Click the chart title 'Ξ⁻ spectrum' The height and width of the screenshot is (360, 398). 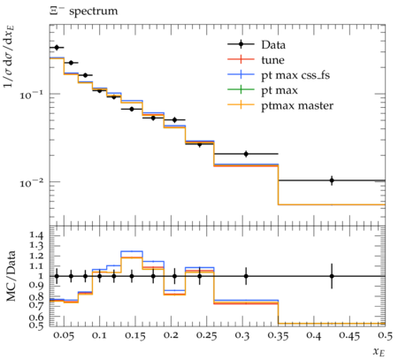click(x=83, y=11)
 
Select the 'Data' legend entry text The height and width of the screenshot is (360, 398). click(x=273, y=45)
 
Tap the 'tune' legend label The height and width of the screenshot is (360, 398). click(x=272, y=60)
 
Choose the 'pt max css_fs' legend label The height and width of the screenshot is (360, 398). click(x=295, y=75)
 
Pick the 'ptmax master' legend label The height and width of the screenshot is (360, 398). click(x=297, y=106)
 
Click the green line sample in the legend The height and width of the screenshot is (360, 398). click(x=241, y=89)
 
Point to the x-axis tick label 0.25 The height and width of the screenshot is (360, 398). click(x=207, y=336)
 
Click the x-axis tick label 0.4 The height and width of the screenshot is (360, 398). click(x=313, y=336)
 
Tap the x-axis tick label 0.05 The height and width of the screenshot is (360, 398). click(x=65, y=336)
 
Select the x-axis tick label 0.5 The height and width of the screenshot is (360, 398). click(x=385, y=336)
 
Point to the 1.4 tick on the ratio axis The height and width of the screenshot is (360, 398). click(x=36, y=235)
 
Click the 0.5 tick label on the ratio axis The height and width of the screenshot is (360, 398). click(x=36, y=326)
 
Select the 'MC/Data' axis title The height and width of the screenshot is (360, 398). click(x=11, y=276)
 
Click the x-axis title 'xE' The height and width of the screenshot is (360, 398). click(x=379, y=351)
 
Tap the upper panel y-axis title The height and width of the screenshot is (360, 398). click(x=9, y=57)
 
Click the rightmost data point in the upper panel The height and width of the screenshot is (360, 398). click(x=332, y=180)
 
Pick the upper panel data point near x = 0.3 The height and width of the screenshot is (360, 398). click(x=246, y=154)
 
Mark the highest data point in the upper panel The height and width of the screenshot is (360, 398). click(x=57, y=47)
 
